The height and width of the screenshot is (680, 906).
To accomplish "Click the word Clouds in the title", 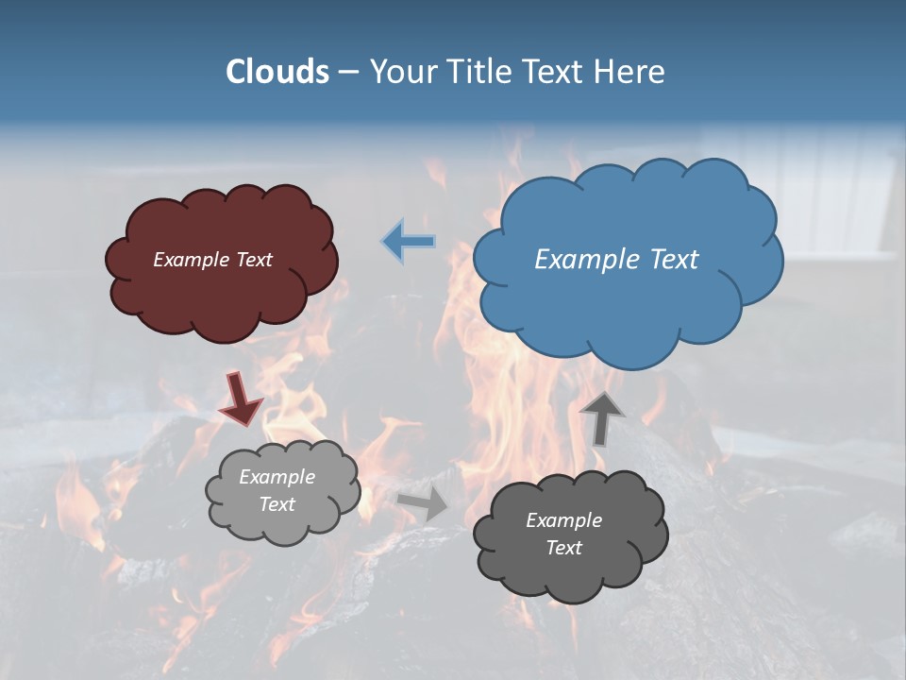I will (277, 72).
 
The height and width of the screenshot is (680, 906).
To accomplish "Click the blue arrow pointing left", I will (409, 242).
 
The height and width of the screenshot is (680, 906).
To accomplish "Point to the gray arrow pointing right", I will (424, 503).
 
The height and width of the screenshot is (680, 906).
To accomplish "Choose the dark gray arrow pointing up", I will (601, 418).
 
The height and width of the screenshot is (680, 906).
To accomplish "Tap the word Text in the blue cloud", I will (673, 259).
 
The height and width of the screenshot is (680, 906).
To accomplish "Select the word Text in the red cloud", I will (255, 260).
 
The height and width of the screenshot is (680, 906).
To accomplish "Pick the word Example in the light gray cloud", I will (277, 477).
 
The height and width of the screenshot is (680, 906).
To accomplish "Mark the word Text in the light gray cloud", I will (277, 504).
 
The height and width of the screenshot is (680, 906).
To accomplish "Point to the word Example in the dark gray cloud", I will (563, 520).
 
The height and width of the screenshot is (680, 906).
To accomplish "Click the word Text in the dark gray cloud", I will (563, 548).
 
